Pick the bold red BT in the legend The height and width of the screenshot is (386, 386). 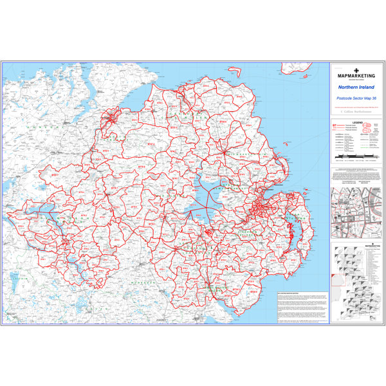pyautogui.click(x=334, y=125)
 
